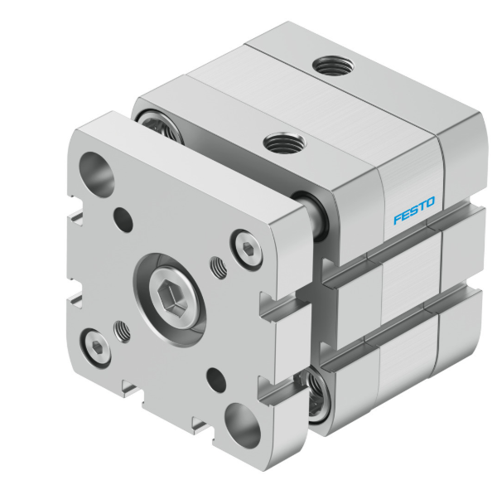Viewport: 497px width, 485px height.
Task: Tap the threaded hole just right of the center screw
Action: [x=219, y=267]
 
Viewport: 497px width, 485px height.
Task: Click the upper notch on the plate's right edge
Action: [x=272, y=312]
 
